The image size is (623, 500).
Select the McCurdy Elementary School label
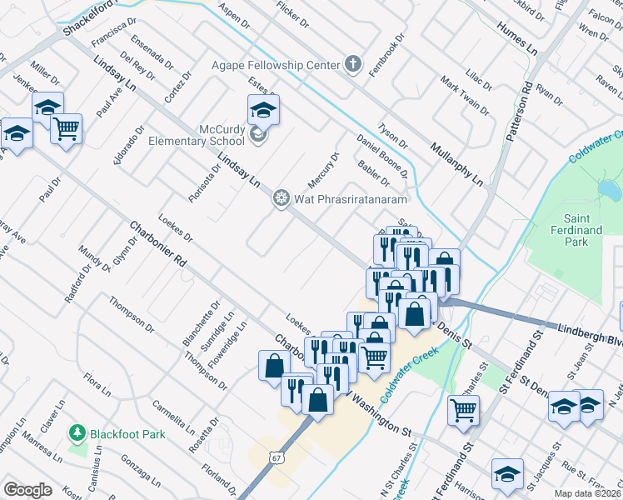[x=197, y=135]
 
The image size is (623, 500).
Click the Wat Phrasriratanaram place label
[x=349, y=199]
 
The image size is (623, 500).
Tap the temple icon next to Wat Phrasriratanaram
[x=282, y=198]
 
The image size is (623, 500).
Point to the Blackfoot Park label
[x=128, y=433]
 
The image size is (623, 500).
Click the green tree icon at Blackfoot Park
[x=77, y=432]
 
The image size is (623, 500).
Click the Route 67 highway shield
[x=277, y=457]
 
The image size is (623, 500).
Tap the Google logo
[x=27, y=490]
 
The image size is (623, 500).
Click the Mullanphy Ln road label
[x=456, y=162]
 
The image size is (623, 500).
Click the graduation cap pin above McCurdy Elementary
[x=263, y=109]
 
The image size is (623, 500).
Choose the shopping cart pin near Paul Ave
[x=66, y=128]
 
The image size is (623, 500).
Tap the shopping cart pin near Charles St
[x=463, y=408]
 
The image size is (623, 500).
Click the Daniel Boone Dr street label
[x=381, y=157]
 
